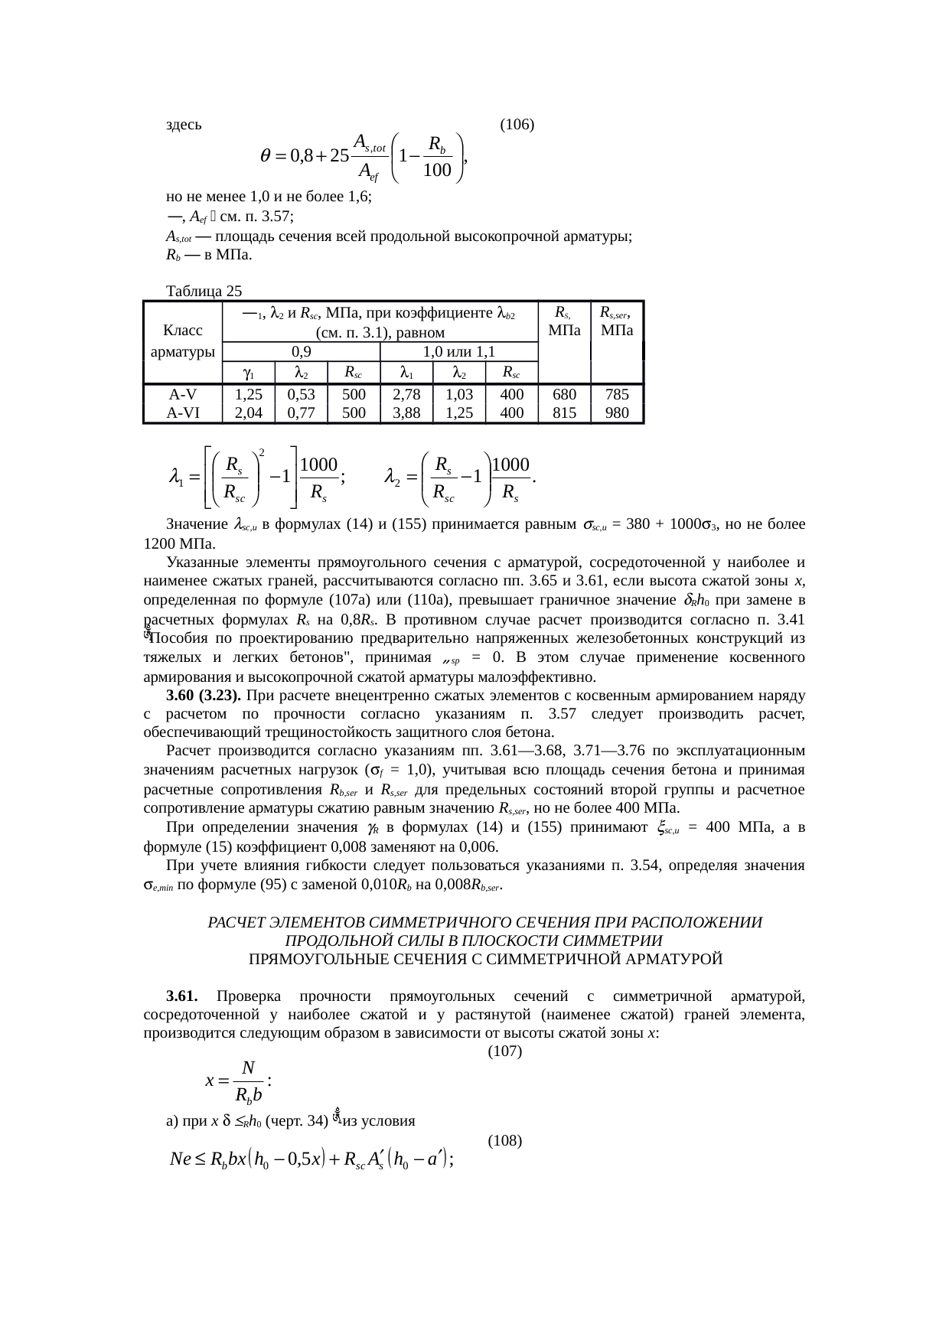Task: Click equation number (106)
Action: tap(516, 125)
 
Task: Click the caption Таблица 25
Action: tap(204, 291)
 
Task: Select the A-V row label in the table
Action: tap(182, 395)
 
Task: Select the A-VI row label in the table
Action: tap(182, 412)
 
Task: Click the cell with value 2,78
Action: tap(406, 395)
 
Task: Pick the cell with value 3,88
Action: tap(406, 412)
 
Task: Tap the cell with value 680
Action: tap(564, 395)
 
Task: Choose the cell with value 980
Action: tap(617, 412)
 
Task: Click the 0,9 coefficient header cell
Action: tap(302, 352)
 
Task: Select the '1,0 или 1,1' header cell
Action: tap(459, 352)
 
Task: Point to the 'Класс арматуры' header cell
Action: tap(182, 341)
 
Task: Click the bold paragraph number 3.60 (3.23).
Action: tap(204, 696)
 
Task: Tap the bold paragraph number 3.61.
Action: tap(182, 996)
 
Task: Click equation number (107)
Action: tap(504, 1051)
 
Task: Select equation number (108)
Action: tap(504, 1140)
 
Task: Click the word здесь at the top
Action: tap(184, 125)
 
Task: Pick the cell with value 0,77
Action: tap(302, 412)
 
